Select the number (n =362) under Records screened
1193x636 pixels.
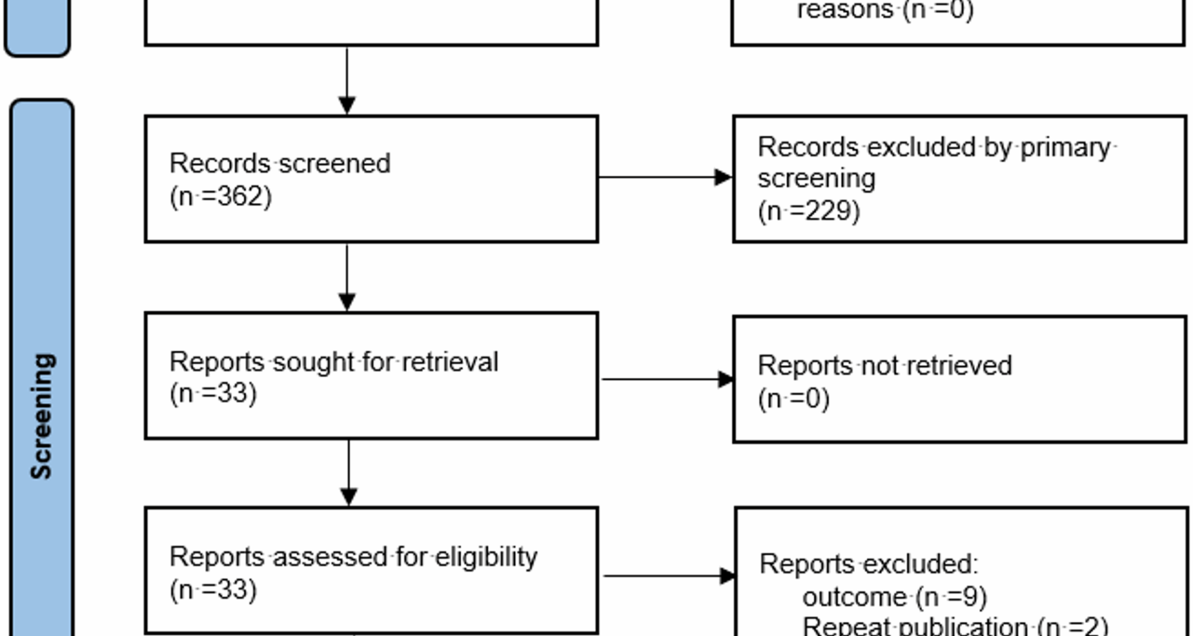(x=221, y=197)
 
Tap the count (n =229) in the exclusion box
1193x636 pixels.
(x=808, y=211)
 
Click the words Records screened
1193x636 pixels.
(x=280, y=164)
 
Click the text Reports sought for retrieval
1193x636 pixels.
(x=334, y=362)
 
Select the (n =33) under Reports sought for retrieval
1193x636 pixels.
(x=213, y=394)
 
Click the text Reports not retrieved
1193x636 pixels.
(x=884, y=366)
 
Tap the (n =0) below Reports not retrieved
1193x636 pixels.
(x=793, y=399)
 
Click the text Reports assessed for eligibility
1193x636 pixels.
(x=353, y=557)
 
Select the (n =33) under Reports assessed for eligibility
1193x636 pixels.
(x=213, y=589)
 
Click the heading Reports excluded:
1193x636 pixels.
(x=868, y=565)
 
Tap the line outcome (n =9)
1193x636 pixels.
(x=894, y=597)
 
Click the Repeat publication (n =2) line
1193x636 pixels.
(x=954, y=626)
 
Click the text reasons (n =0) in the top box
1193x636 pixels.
(x=885, y=10)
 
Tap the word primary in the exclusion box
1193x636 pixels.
(x=1065, y=148)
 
